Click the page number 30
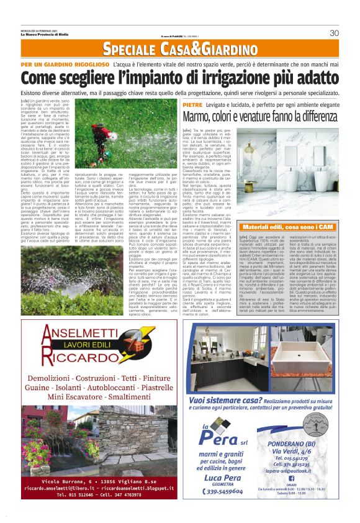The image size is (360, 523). (x=334, y=33)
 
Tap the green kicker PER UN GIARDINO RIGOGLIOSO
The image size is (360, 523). (x=65, y=65)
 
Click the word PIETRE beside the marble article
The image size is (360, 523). (x=193, y=106)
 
